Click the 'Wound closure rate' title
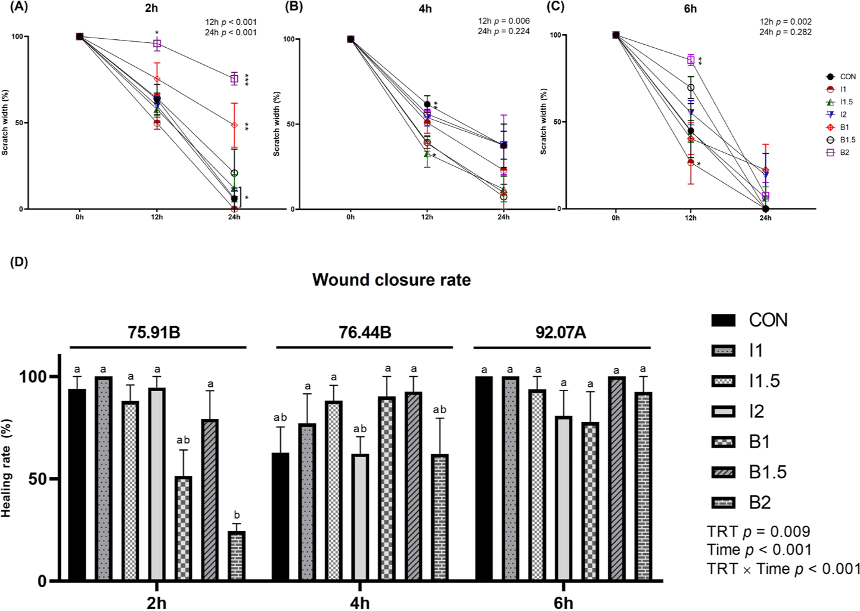pyautogui.click(x=391, y=280)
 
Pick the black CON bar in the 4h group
pyautogui.click(x=280, y=516)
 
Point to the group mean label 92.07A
pyautogui.click(x=560, y=333)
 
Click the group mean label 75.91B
pyautogui.click(x=154, y=333)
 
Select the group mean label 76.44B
pyautogui.click(x=365, y=333)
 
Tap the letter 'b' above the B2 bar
pyautogui.click(x=237, y=515)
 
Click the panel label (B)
pyautogui.click(x=295, y=7)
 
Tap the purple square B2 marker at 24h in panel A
pyautogui.click(x=234, y=79)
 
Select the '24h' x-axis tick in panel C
pyautogui.click(x=765, y=218)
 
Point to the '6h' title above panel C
pyautogui.click(x=690, y=9)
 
